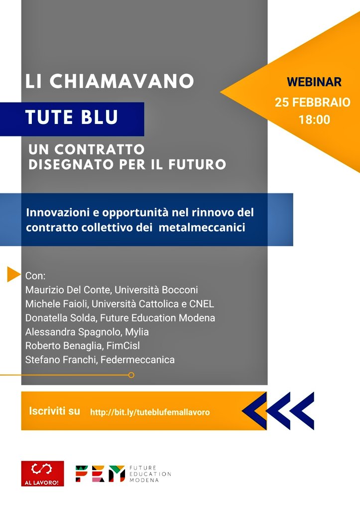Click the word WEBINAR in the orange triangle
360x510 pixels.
click(314, 82)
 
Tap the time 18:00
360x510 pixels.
click(314, 120)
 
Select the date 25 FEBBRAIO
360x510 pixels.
click(313, 103)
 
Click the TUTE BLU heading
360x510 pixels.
click(72, 118)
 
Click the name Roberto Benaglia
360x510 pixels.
click(57, 346)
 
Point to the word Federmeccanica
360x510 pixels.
click(137, 360)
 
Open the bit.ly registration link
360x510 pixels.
click(150, 412)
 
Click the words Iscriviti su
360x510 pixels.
click(55, 411)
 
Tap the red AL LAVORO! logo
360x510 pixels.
click(42, 474)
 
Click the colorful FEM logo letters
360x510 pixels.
click(100, 474)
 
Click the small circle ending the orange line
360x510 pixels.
click(131, 375)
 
